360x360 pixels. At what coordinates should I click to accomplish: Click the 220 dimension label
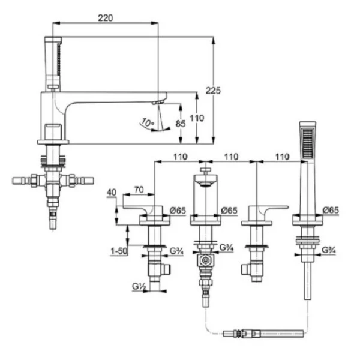(106, 18)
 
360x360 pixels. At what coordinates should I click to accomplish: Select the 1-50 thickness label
(118, 253)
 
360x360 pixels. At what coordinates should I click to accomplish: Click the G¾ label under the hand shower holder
(328, 250)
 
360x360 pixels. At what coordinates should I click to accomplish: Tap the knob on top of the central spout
(205, 171)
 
